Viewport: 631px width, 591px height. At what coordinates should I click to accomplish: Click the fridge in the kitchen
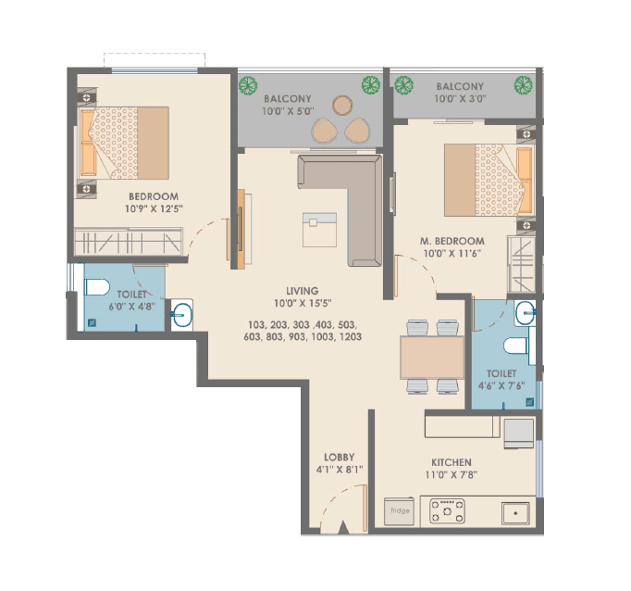pyautogui.click(x=400, y=510)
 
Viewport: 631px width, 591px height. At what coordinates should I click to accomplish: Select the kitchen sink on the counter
pyautogui.click(x=513, y=511)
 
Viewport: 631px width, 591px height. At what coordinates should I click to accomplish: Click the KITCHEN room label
pyautogui.click(x=451, y=462)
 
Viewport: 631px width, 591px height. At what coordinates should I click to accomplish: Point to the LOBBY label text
pyautogui.click(x=339, y=457)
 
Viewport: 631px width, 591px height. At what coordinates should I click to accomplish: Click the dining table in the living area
pyautogui.click(x=432, y=357)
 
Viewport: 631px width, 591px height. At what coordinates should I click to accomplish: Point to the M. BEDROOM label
pyautogui.click(x=453, y=241)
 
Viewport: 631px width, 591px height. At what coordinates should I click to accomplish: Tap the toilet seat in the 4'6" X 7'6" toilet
pyautogui.click(x=514, y=348)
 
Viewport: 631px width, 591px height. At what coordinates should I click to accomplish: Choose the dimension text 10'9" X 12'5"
pyautogui.click(x=153, y=209)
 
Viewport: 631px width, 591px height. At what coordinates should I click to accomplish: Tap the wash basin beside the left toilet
pyautogui.click(x=181, y=314)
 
